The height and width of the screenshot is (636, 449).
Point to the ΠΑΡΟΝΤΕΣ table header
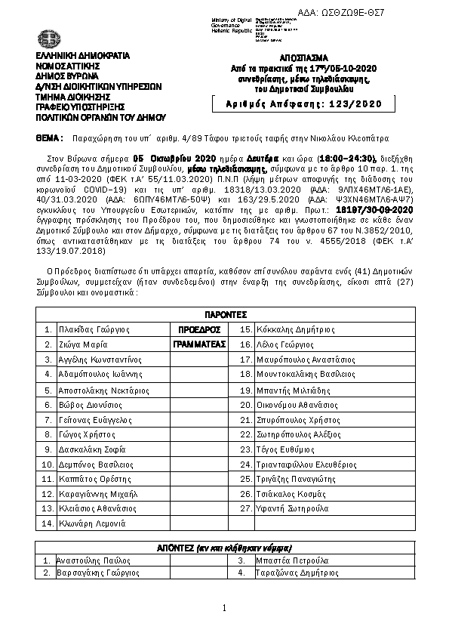224,314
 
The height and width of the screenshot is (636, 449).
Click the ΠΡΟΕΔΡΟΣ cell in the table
198,330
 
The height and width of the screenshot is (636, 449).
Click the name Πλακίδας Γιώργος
88,330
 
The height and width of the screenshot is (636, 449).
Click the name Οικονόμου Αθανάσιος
300,405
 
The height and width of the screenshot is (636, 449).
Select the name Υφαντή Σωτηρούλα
293,508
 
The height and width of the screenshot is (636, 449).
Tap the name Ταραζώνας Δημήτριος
298,573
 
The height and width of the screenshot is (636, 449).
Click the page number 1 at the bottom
224,609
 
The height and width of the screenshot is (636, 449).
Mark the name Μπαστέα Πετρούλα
291,560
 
